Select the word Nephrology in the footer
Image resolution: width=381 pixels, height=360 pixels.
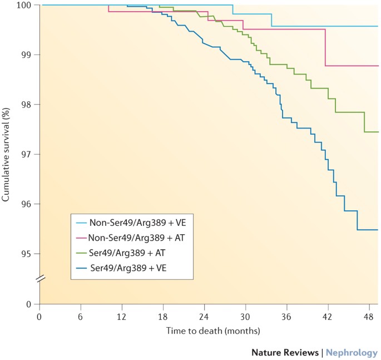pyautogui.click(x=351, y=352)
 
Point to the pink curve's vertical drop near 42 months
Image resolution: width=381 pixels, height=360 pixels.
pyautogui.click(x=325, y=48)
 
